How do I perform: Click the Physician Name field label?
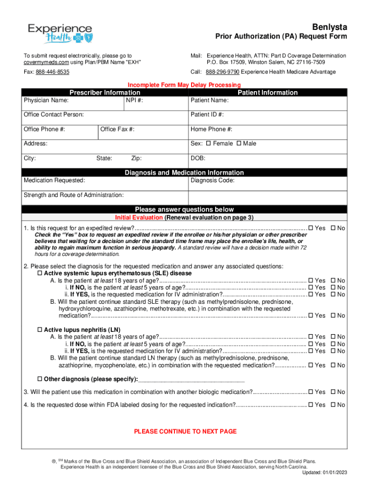click(x=46, y=101)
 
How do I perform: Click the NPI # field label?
click(x=135, y=101)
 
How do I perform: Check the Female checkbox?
click(x=208, y=143)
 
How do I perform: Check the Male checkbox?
click(x=239, y=143)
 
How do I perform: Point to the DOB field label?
click(x=198, y=158)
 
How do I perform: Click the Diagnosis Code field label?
click(x=212, y=180)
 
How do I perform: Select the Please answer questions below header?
click(x=184, y=209)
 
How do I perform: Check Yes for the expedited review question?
click(x=311, y=228)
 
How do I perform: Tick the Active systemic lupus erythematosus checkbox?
click(x=40, y=273)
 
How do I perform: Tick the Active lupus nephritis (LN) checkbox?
click(x=40, y=329)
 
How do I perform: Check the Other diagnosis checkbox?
click(x=40, y=379)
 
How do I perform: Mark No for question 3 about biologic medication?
click(x=333, y=392)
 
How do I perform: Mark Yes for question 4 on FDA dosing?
click(x=311, y=405)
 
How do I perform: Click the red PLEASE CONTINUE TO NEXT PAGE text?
click(x=185, y=431)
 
